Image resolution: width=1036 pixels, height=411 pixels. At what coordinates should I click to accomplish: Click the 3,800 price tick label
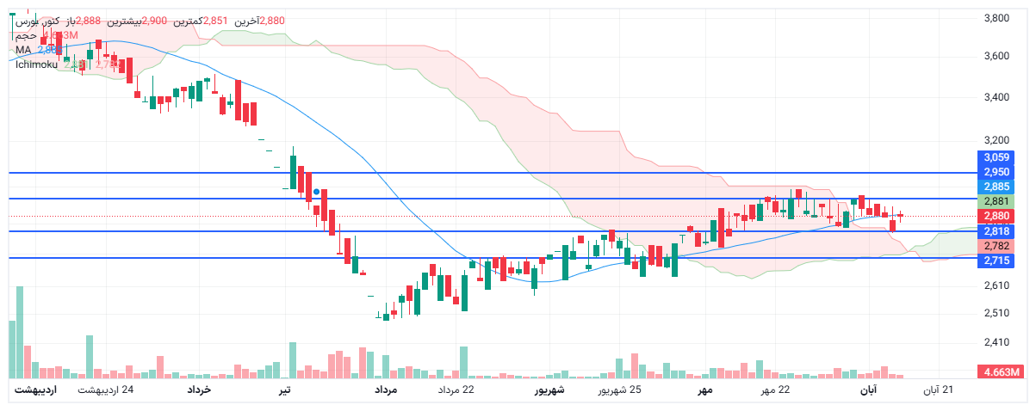tap(996, 17)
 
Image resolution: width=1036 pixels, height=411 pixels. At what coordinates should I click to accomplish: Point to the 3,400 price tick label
tap(996, 97)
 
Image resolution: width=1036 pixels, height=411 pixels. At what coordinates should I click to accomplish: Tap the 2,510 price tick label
tap(996, 313)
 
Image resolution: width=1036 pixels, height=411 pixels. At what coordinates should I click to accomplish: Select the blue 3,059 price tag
tap(996, 157)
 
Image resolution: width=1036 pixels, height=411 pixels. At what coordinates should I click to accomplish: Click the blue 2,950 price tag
tap(996, 172)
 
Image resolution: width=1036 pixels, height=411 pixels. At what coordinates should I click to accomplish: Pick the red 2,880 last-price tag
tap(996, 216)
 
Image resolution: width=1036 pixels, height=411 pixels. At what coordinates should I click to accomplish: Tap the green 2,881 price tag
tap(996, 201)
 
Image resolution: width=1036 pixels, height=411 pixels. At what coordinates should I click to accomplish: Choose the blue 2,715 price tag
tap(996, 260)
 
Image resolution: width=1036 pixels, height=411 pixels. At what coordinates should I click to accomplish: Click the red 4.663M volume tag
tap(999, 372)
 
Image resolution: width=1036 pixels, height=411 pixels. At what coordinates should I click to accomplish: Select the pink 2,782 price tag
tap(996, 245)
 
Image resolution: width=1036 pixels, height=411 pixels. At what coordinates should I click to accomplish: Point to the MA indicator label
tap(23, 50)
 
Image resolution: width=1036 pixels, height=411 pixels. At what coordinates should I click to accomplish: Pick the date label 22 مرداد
tap(456, 391)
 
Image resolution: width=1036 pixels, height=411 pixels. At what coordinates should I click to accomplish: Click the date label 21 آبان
tap(940, 391)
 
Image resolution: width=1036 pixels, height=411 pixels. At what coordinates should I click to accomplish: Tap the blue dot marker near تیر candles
tap(317, 192)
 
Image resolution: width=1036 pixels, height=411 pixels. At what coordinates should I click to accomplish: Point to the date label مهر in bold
tap(704, 391)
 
